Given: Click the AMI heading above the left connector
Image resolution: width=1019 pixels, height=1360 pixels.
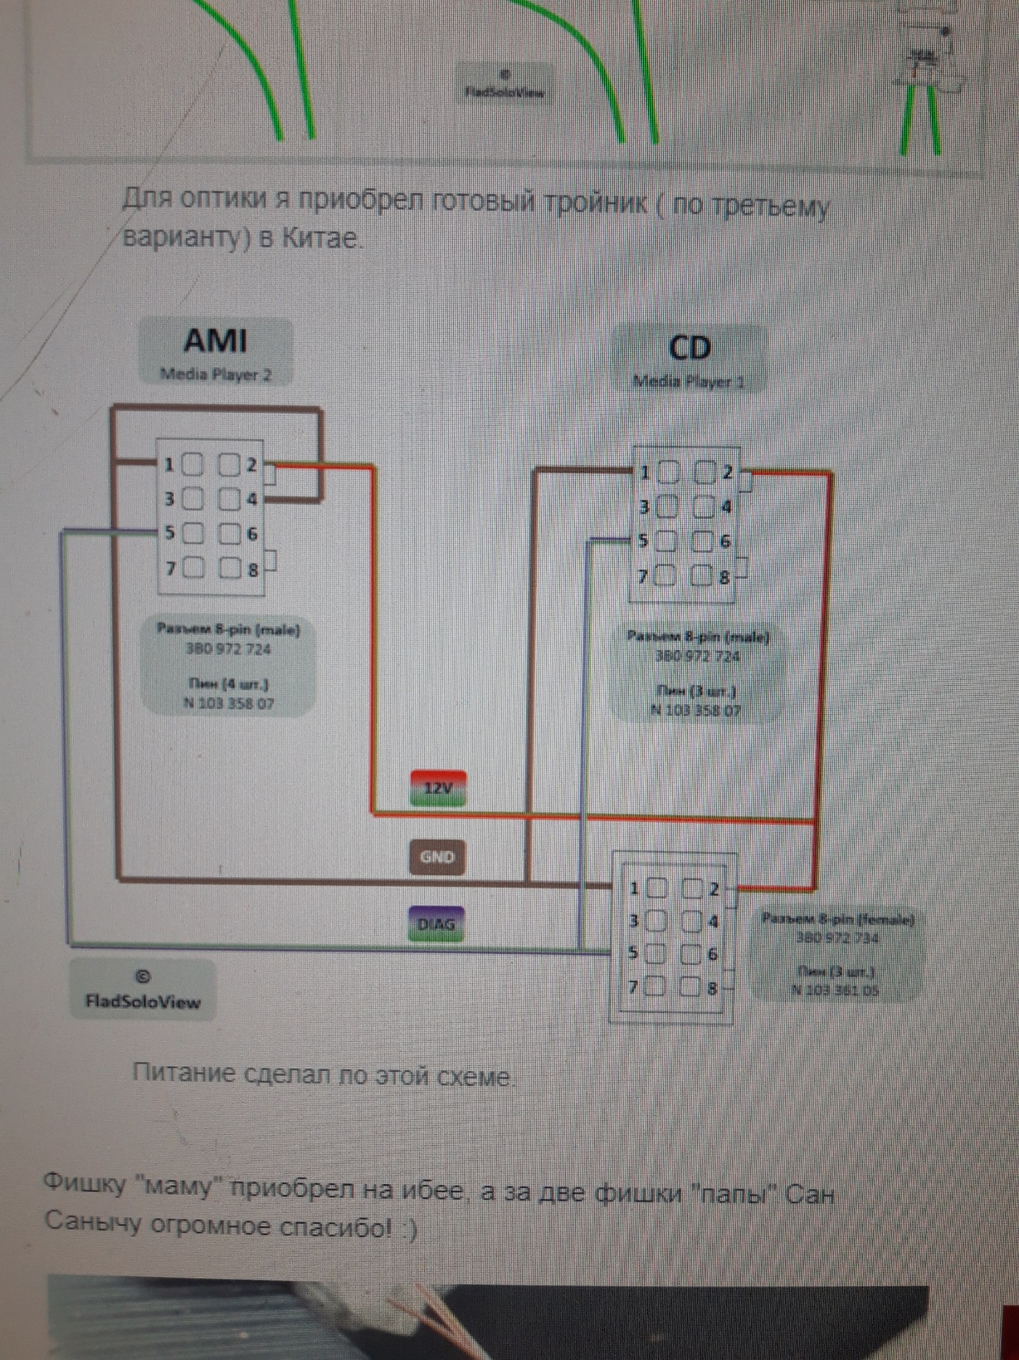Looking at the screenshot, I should tap(215, 340).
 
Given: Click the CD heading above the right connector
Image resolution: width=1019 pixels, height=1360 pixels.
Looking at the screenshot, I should tap(689, 348).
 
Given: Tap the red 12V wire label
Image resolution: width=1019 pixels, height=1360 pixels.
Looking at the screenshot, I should tap(437, 788).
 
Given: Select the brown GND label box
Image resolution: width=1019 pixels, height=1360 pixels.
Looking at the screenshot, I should tap(436, 857).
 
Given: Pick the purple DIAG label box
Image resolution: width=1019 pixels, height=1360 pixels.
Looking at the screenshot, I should tap(436, 924).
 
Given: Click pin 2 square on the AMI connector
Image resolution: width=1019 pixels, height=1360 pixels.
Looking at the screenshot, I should tap(228, 464).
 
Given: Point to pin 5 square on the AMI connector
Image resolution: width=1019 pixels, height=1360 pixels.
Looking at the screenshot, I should tap(193, 533).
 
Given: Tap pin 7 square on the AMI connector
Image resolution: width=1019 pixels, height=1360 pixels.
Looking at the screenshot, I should tap(193, 568).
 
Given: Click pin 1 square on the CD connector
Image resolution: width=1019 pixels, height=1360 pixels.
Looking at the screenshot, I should tap(669, 472).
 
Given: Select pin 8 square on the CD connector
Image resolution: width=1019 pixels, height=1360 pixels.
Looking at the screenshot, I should tap(702, 575).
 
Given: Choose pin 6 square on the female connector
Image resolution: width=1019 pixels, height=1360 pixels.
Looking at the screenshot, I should tap(690, 954).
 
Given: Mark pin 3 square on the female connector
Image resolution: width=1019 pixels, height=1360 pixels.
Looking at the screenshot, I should tap(656, 921).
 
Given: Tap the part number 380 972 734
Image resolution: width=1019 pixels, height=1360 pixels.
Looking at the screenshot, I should tap(837, 937).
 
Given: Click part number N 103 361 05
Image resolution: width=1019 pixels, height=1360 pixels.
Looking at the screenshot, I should tap(835, 990).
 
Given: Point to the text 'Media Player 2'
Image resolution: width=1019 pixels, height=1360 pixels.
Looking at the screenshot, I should tap(215, 374).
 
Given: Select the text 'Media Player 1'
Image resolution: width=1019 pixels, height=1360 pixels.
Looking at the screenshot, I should tap(688, 382).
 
